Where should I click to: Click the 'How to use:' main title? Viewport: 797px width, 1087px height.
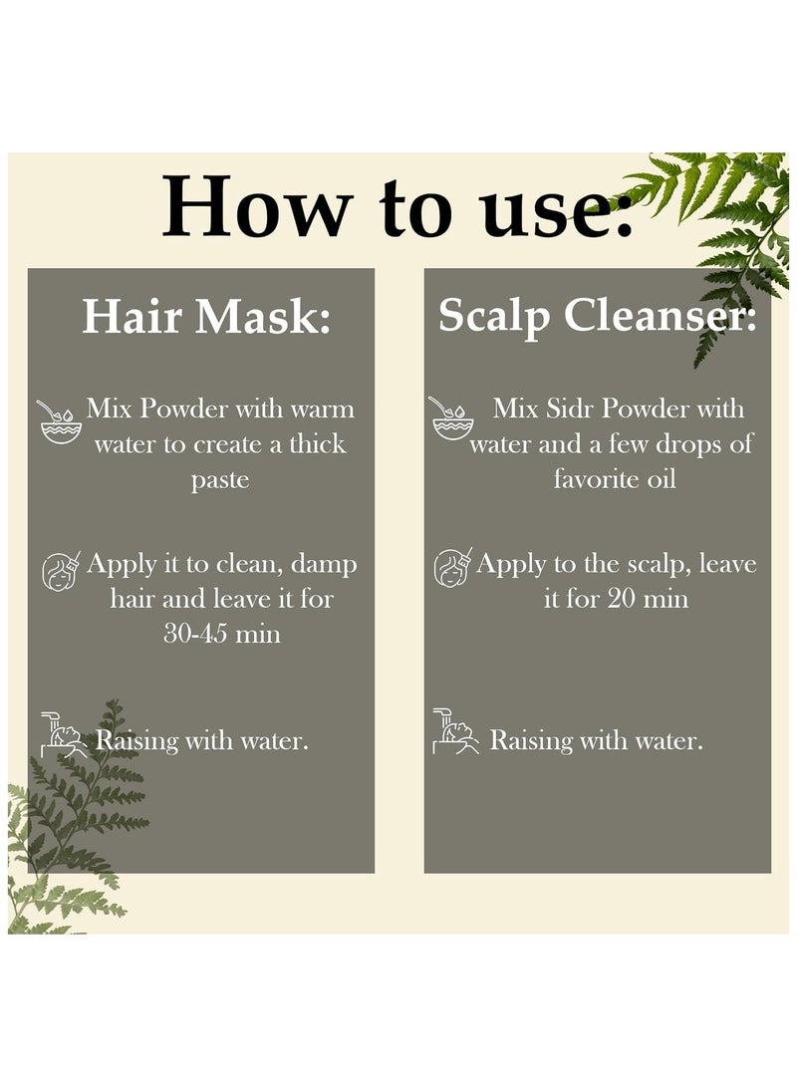click(x=398, y=206)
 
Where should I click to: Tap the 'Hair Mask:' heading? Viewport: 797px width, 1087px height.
click(x=206, y=317)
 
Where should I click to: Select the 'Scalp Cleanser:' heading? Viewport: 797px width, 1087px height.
click(x=598, y=318)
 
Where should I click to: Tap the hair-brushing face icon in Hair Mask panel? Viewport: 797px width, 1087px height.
click(x=61, y=571)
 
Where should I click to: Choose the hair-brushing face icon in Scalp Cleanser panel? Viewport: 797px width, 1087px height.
click(x=452, y=567)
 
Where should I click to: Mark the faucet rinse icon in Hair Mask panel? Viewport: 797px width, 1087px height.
click(x=64, y=734)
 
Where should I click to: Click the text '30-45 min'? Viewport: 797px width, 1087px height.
click(x=222, y=633)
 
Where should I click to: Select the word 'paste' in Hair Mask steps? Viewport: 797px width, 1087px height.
click(x=220, y=480)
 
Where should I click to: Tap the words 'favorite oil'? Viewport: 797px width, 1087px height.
click(x=614, y=478)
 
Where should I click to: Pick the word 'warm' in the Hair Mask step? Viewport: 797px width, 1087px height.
click(x=322, y=408)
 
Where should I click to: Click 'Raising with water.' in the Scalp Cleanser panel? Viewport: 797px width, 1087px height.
click(x=596, y=740)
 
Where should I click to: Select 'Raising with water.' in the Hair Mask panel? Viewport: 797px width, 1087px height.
click(x=201, y=740)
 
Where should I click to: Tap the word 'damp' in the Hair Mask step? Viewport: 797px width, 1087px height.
click(x=324, y=564)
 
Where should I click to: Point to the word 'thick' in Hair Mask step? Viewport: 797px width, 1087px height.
click(x=318, y=443)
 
